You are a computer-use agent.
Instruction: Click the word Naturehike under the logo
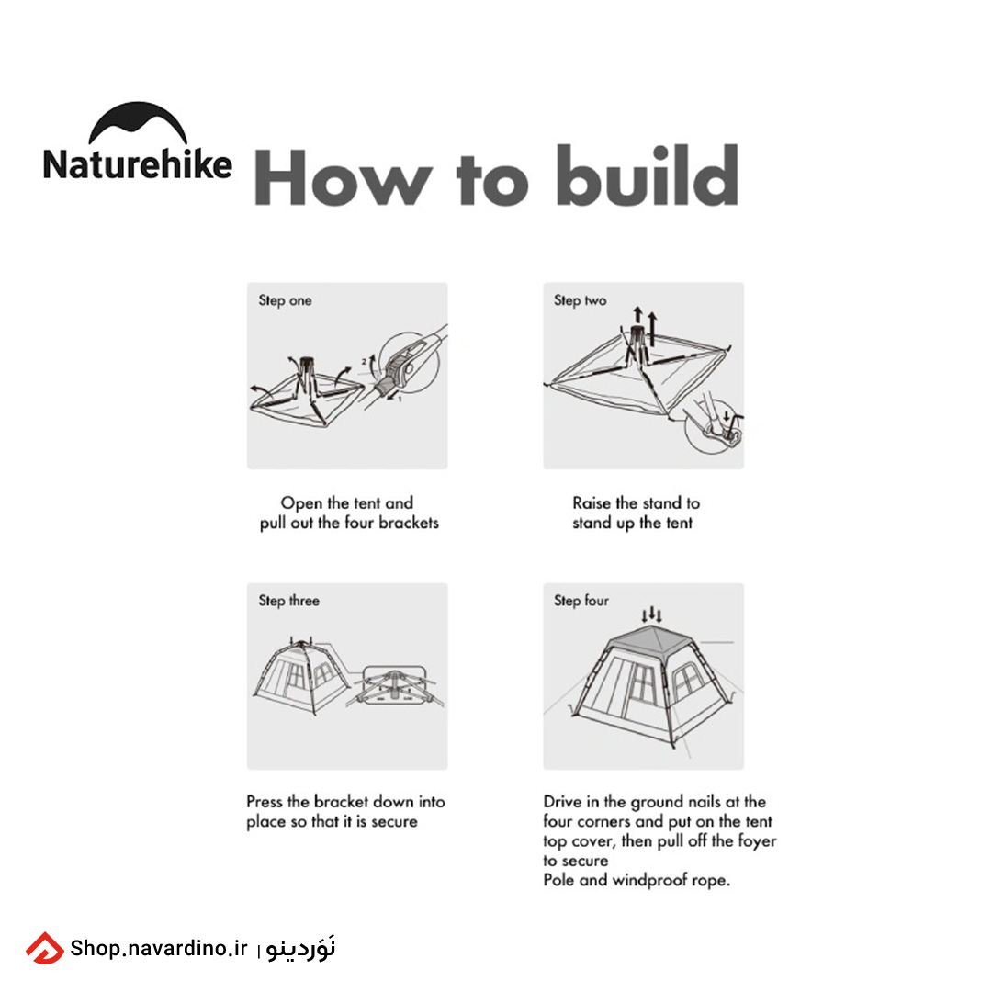tap(137, 165)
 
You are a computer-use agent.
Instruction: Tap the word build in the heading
tap(648, 175)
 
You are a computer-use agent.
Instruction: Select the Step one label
tap(285, 300)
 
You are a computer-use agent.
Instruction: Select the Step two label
tap(581, 300)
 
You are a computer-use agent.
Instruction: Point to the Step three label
tap(288, 601)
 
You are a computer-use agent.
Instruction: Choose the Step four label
tap(581, 601)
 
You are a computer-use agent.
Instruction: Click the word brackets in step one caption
tap(409, 523)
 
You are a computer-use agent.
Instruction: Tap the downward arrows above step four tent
tap(651, 614)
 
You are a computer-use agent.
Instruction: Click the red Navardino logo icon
tap(44, 948)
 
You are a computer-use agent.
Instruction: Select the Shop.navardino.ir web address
tap(159, 948)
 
